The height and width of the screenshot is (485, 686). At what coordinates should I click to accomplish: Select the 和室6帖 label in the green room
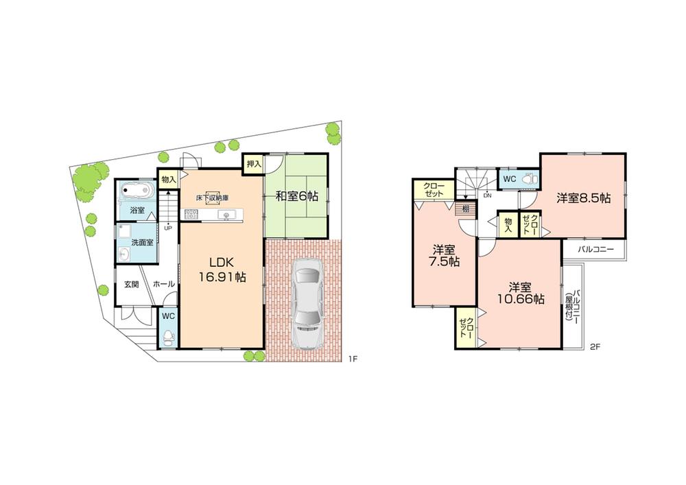click(296, 196)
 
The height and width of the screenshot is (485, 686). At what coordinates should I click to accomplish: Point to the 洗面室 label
click(143, 242)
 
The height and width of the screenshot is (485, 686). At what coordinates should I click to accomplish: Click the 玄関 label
click(132, 283)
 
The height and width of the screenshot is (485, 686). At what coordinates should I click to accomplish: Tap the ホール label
click(163, 283)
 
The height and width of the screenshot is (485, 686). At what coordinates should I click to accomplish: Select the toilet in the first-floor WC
click(169, 337)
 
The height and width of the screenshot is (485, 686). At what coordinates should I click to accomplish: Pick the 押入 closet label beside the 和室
click(255, 164)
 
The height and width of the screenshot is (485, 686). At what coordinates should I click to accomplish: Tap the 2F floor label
click(595, 347)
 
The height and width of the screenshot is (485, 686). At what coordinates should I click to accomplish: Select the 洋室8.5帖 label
click(583, 198)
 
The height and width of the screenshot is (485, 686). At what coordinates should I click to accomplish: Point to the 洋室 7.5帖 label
click(445, 255)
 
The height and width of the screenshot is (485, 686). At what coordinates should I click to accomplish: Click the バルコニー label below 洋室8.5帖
click(595, 250)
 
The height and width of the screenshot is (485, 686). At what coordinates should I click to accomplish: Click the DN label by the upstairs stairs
click(487, 196)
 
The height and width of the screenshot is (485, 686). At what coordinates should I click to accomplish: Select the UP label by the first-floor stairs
click(167, 228)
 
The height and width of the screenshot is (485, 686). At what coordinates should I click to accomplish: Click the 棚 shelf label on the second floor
click(465, 208)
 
